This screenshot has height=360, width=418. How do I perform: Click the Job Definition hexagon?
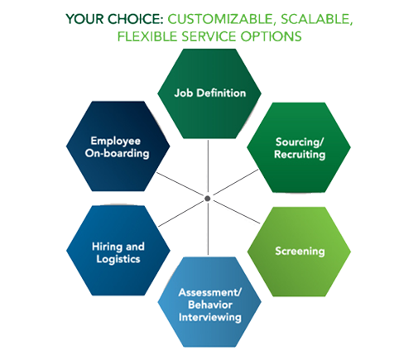tap(209, 94)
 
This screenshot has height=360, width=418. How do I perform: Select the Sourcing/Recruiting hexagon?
tap(299, 147)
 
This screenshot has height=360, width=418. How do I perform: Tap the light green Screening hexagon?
tap(299, 252)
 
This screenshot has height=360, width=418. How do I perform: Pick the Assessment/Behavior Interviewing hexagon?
tap(209, 302)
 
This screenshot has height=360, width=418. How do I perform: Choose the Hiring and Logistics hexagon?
tap(118, 251)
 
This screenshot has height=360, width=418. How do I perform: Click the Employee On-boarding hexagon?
tap(118, 146)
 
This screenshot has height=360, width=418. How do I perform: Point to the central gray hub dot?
tap(208, 199)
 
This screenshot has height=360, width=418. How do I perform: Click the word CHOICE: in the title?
tap(135, 19)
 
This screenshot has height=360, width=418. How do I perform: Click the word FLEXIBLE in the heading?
tap(147, 36)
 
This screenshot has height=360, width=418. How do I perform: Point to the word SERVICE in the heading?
tap(209, 36)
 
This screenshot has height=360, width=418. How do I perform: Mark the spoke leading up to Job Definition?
tap(208, 166)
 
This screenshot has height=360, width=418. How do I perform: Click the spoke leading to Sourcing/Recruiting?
tap(236, 182)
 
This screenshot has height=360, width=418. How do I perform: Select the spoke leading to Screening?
tap(237, 212)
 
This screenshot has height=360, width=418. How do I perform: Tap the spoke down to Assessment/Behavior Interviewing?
tap(208, 229)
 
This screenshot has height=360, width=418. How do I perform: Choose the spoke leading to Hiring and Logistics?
tap(181, 214)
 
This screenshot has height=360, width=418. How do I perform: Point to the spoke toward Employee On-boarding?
tap(180, 184)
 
